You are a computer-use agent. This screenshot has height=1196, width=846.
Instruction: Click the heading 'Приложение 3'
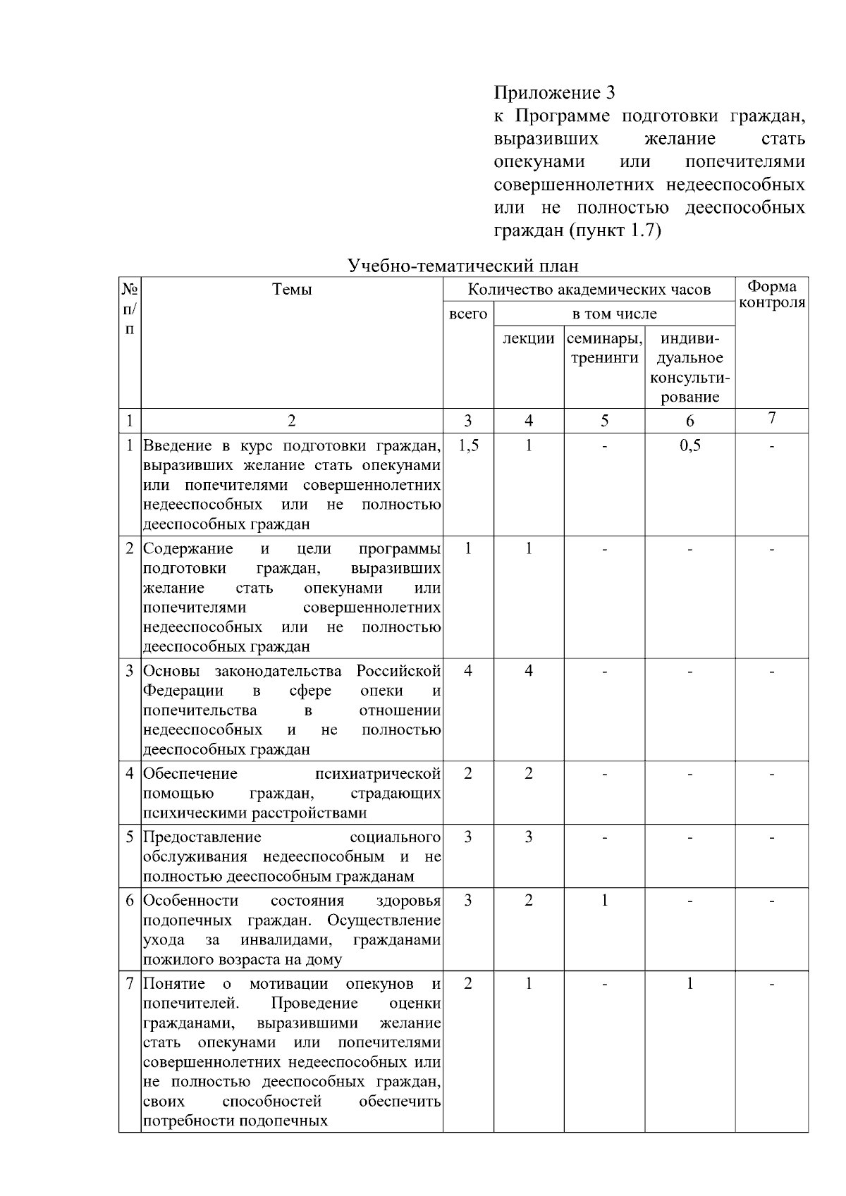click(553, 93)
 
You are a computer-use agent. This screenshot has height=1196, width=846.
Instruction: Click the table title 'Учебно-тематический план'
click(463, 266)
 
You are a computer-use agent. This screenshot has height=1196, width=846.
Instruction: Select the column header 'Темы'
click(292, 289)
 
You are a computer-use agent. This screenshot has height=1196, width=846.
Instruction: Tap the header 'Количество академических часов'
click(589, 289)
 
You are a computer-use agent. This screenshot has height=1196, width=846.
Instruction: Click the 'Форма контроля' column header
click(772, 295)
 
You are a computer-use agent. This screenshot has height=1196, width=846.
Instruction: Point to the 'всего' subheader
click(468, 314)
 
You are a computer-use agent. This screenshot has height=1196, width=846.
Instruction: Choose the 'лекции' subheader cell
click(528, 338)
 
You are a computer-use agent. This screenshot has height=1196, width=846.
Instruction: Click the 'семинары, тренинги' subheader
click(604, 348)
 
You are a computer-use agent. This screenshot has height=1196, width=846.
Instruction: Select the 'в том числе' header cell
click(614, 314)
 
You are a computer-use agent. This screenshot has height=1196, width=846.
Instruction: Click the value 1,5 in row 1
click(468, 445)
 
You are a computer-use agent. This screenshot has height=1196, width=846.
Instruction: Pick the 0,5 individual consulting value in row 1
click(689, 445)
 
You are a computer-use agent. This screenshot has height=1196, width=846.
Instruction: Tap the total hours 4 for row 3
click(468, 670)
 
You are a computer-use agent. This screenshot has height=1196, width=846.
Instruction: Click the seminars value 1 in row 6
click(604, 900)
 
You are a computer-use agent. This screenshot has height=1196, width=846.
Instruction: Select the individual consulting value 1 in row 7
click(689, 983)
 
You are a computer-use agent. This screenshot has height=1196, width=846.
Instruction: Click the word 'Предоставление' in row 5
click(202, 837)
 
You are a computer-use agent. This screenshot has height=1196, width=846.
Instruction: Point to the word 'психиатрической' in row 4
click(378, 774)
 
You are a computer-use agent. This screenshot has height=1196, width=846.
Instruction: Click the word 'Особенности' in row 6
click(190, 901)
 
